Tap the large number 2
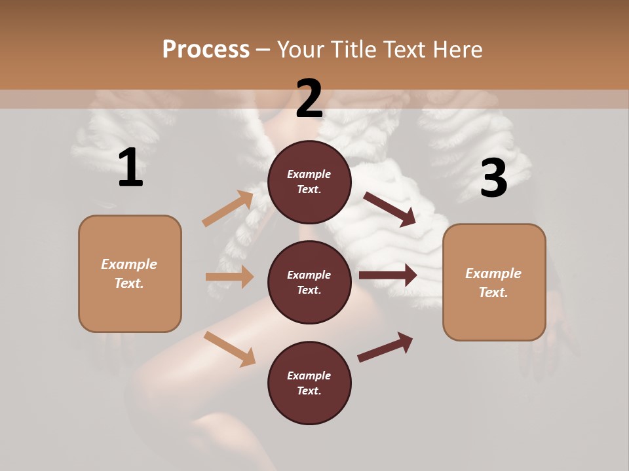[x=309, y=99]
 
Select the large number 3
[x=493, y=178]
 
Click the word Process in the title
[x=206, y=49]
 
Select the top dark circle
[x=309, y=182]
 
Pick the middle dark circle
[x=309, y=282]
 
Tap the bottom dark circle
[x=309, y=383]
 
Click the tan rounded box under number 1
[x=130, y=273]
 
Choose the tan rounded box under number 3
[x=494, y=282]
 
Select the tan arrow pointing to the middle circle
[x=229, y=277]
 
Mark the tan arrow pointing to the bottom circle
[x=229, y=348]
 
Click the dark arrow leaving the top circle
[x=390, y=209]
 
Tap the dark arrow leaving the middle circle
[x=388, y=275]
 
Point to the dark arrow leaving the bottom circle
[x=386, y=347]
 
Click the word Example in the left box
[x=129, y=264]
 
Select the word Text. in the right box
[x=493, y=292]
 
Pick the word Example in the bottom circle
[x=309, y=375]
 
